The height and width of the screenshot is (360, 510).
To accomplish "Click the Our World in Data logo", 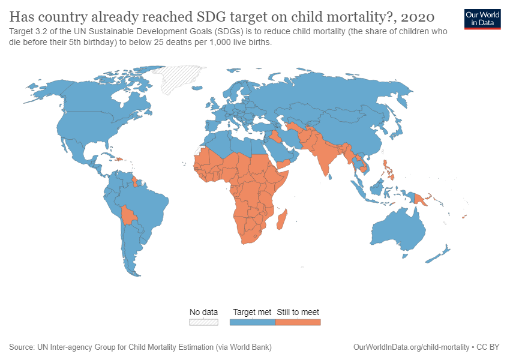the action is pyautogui.click(x=482, y=19).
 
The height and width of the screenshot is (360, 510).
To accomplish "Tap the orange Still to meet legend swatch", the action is pyautogui.click(x=298, y=322).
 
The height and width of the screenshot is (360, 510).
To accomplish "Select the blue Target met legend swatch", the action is pyautogui.click(x=253, y=322).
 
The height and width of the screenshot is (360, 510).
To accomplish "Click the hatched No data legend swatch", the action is pyautogui.click(x=203, y=322).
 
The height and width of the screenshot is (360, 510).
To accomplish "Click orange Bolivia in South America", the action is pyautogui.click(x=128, y=215).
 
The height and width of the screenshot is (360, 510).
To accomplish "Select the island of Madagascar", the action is pyautogui.click(x=282, y=220).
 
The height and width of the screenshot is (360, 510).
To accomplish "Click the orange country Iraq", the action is pyautogui.click(x=273, y=137).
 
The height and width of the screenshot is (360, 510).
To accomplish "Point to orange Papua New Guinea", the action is pyautogui.click(x=421, y=199).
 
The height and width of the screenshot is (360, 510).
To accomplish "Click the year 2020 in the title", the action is pyautogui.click(x=418, y=17).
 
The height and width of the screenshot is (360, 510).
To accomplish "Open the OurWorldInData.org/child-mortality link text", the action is pyautogui.click(x=411, y=347).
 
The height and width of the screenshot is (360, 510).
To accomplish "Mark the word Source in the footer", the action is pyautogui.click(x=21, y=347).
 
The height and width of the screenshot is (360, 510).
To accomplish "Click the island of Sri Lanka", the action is pyautogui.click(x=329, y=176).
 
